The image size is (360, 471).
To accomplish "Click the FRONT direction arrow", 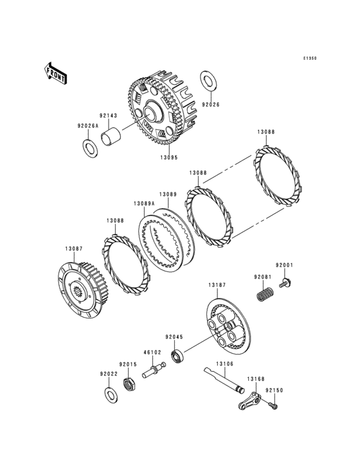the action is click(x=55, y=73).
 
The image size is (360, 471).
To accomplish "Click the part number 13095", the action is click(x=168, y=157).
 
